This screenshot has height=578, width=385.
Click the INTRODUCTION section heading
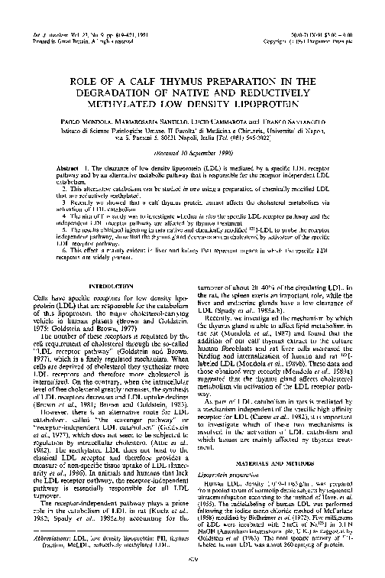107,265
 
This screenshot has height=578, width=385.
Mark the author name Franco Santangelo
293,122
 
